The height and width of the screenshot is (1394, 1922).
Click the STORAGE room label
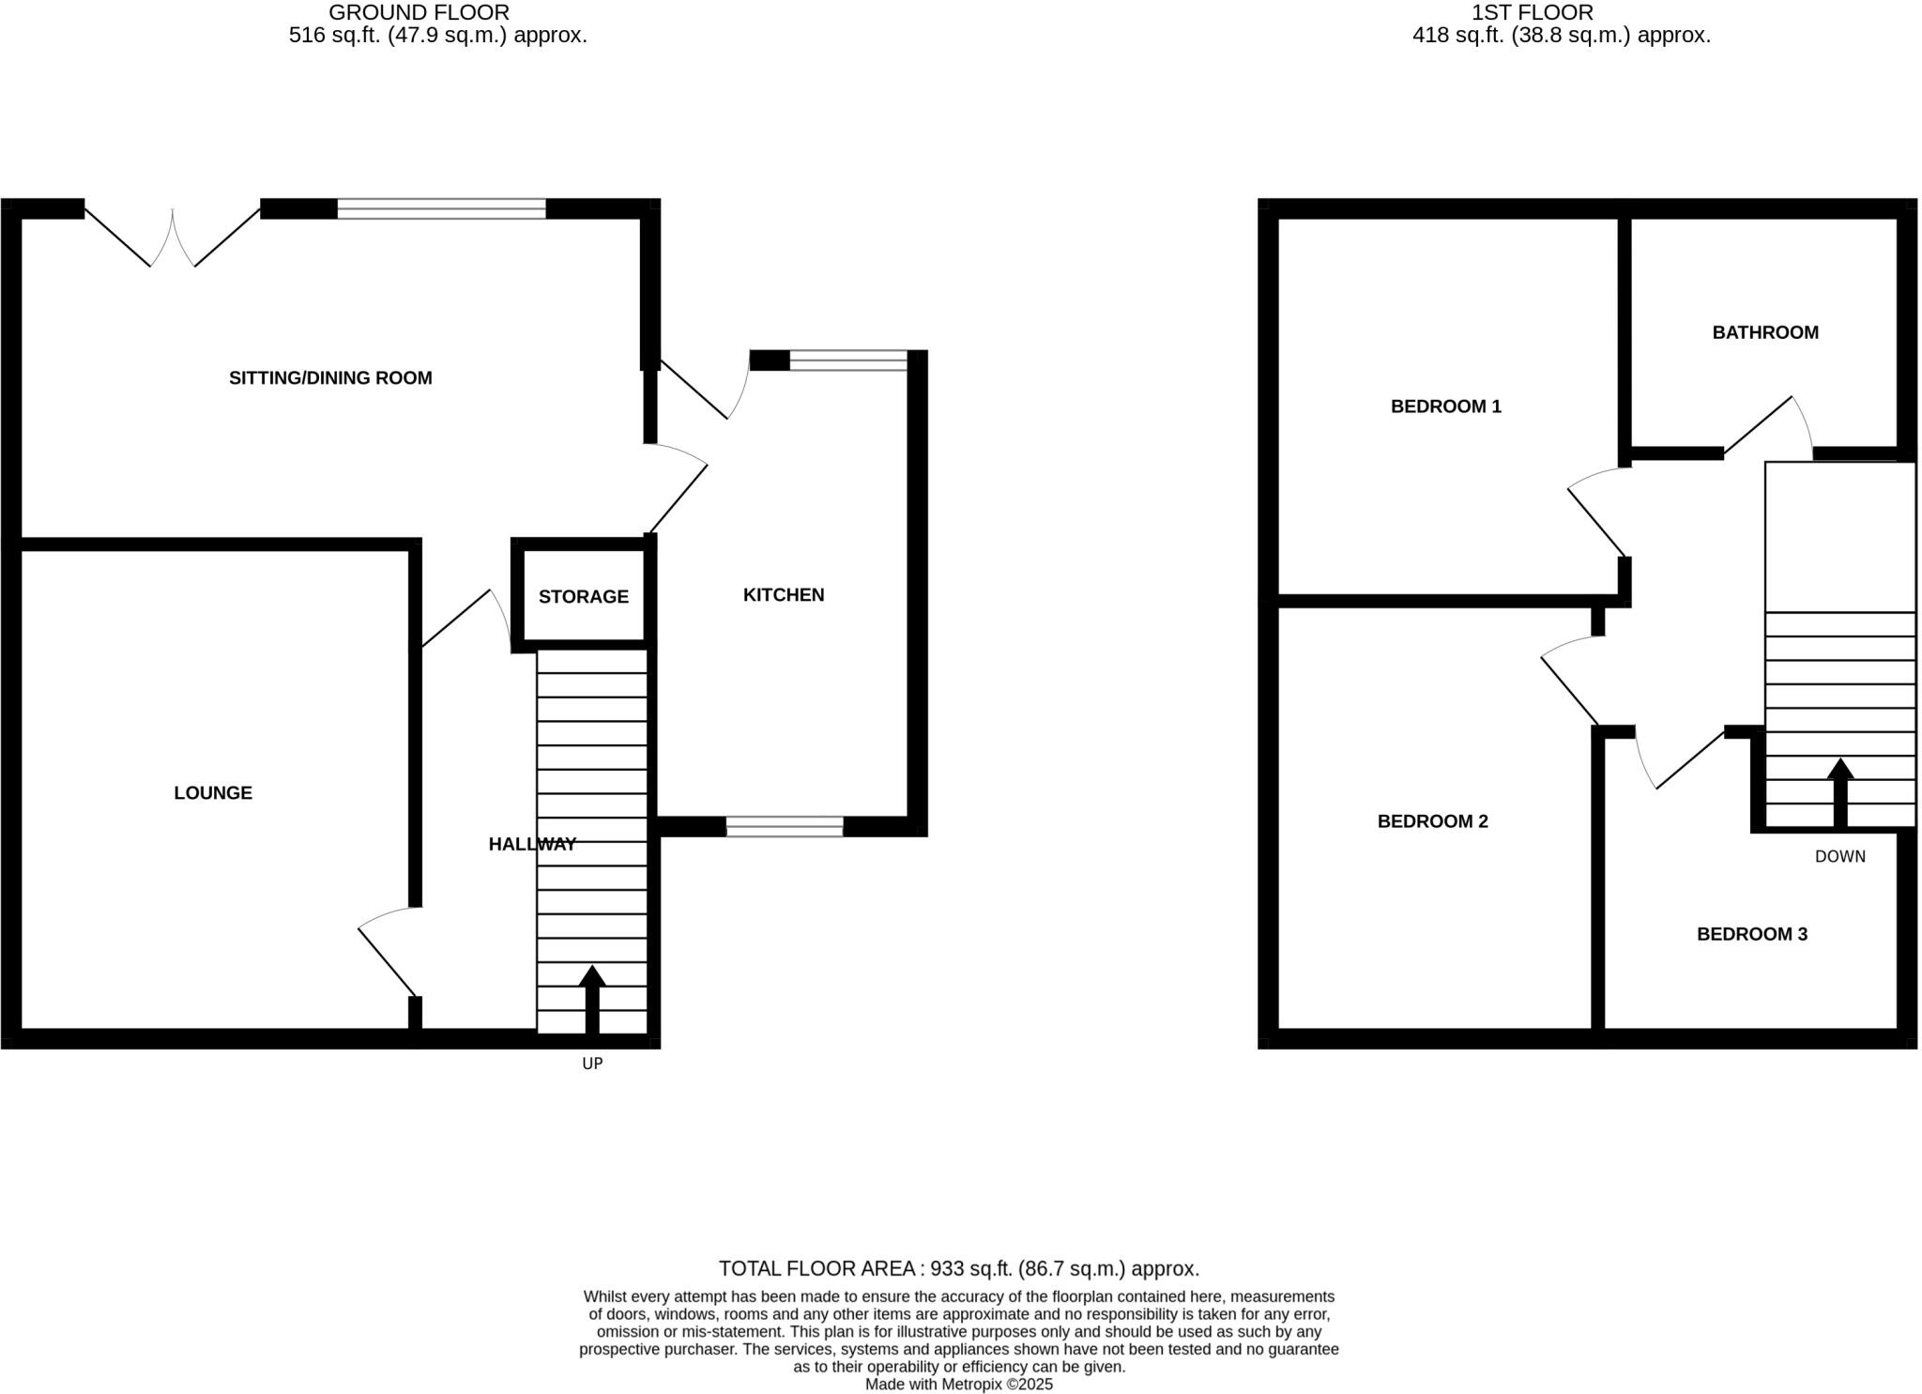(x=583, y=597)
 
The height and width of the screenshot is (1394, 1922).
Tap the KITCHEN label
(x=784, y=595)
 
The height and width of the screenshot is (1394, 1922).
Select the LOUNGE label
(x=213, y=793)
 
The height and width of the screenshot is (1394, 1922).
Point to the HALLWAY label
(x=532, y=845)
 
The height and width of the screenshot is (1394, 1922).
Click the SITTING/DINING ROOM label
(x=330, y=378)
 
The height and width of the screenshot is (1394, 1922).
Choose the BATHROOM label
(x=1764, y=332)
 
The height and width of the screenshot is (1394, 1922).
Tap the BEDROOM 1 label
(x=1445, y=406)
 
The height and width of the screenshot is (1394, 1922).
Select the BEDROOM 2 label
(x=1432, y=821)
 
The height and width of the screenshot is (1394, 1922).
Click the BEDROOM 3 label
(x=1751, y=934)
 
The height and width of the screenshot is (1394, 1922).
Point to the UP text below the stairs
(x=592, y=1064)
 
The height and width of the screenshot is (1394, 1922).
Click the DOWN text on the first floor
(x=1839, y=856)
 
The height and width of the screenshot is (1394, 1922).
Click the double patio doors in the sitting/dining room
(x=173, y=235)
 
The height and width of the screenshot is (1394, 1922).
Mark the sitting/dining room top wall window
(x=441, y=208)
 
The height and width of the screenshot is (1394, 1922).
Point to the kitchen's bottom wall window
(x=785, y=827)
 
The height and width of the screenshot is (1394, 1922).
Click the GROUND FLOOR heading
(x=419, y=13)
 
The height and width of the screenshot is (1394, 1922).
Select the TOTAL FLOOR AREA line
(x=958, y=1269)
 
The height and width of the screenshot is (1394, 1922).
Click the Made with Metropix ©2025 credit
(x=958, y=1385)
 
